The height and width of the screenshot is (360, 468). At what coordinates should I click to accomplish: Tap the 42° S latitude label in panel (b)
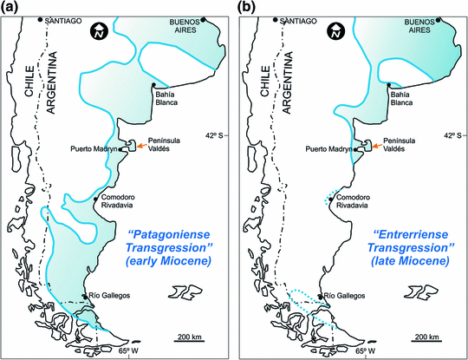coord(451,134)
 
